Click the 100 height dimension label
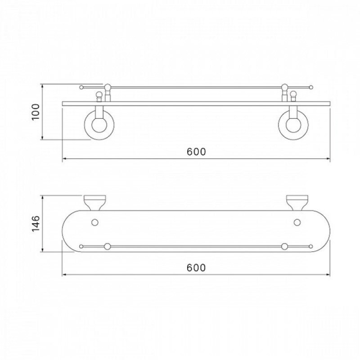36,112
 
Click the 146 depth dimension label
36,224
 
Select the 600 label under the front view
196,152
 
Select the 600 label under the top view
196,268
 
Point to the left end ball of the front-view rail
81,87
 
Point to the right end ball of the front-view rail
311,87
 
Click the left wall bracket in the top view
95,203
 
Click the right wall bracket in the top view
297,203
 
